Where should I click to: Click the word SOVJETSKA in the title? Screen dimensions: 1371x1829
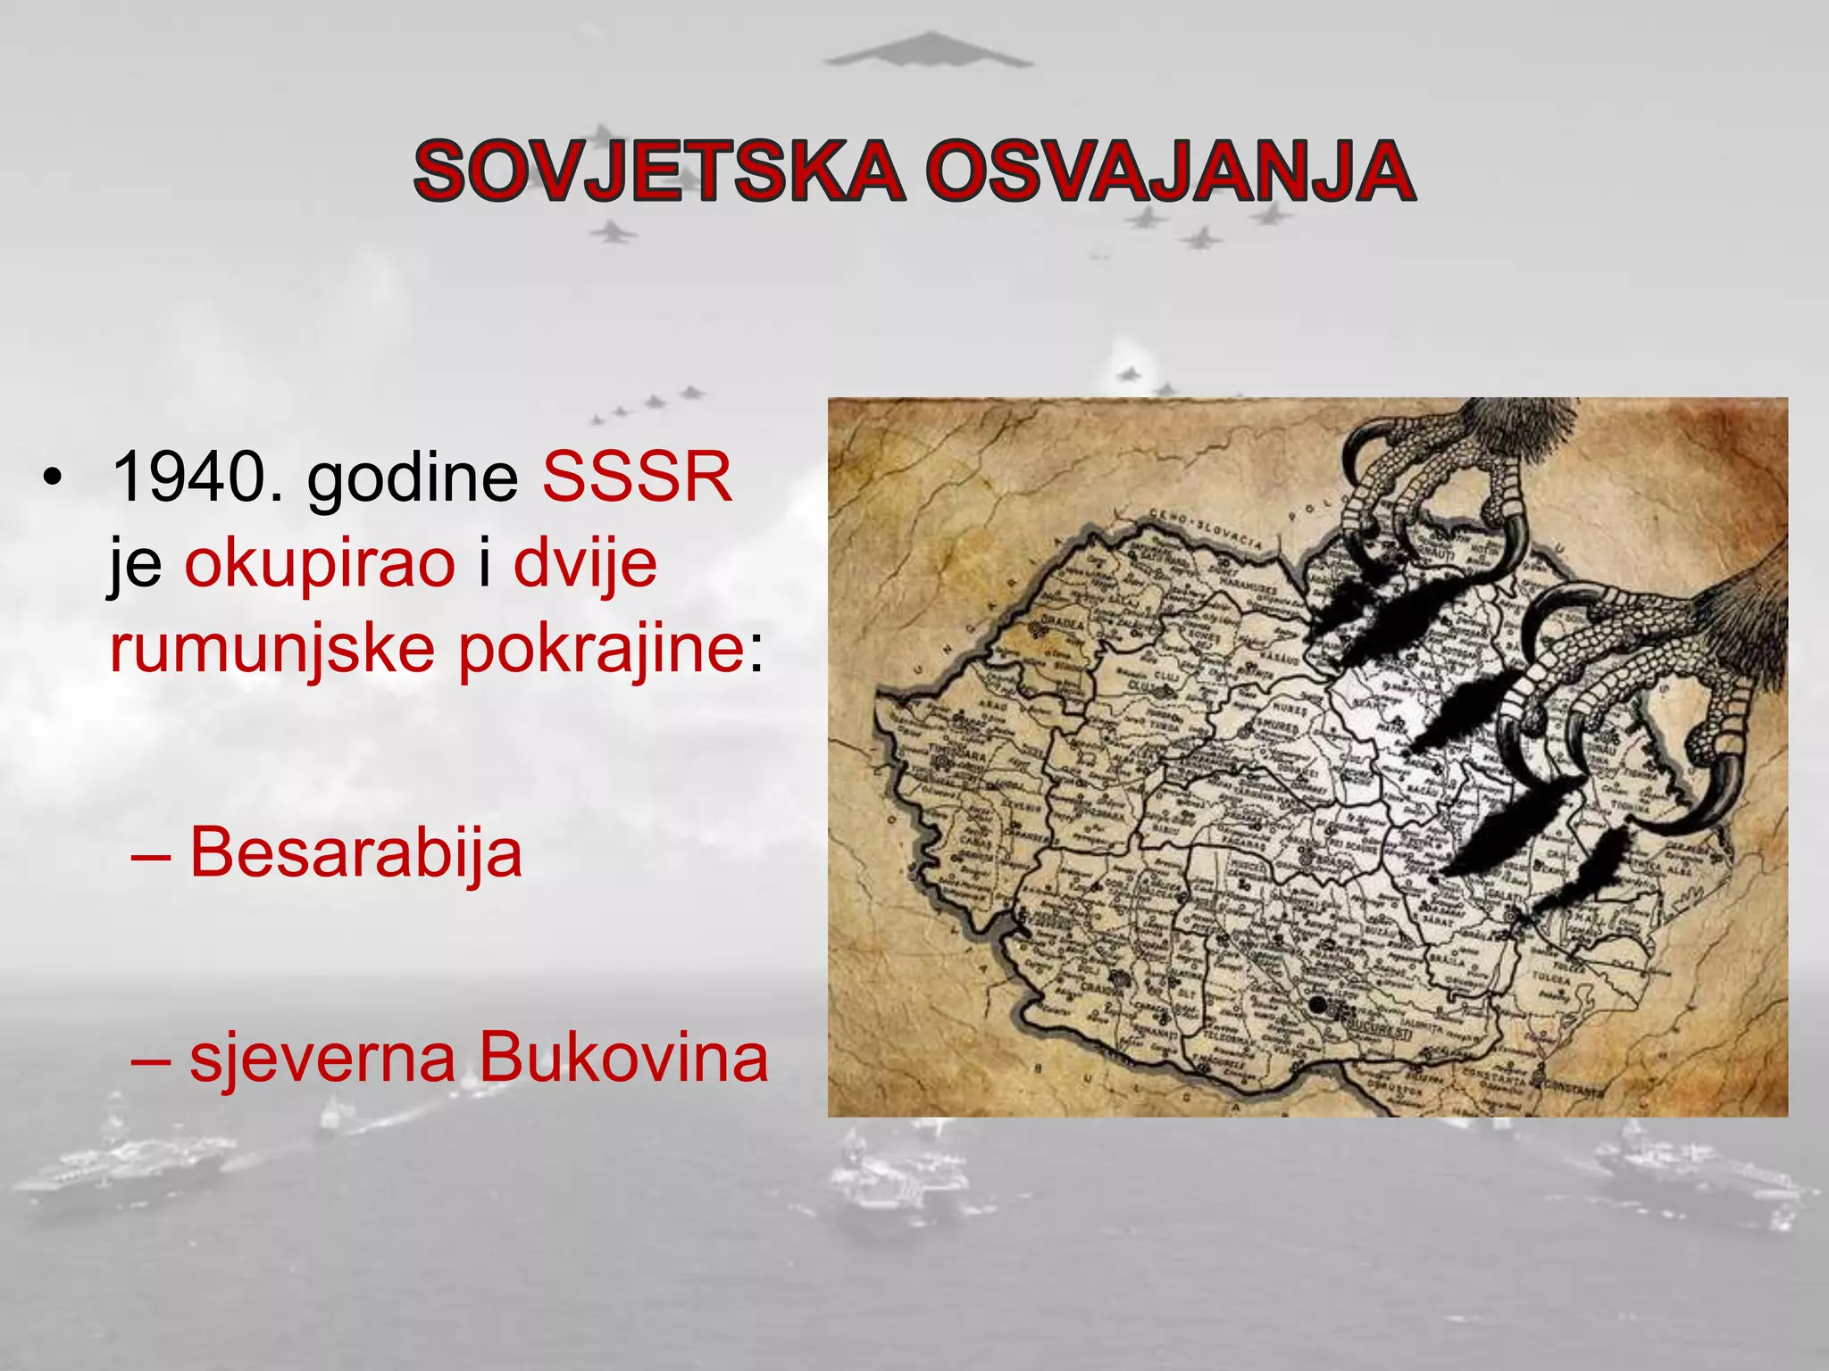pos(658,170)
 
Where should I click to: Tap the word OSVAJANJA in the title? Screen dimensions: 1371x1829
pos(1170,170)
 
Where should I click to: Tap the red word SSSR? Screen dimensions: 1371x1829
pos(637,478)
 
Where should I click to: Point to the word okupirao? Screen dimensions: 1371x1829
pos(320,563)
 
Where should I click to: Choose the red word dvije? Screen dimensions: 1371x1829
pos(585,563)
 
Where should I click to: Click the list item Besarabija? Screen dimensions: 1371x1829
pos(355,852)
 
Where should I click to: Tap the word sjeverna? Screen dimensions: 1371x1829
pos(322,1058)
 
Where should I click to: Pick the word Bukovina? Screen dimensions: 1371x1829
pos(623,1058)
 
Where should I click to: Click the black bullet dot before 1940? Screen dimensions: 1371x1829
pos(53,479)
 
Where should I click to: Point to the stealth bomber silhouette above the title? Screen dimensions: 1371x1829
pos(928,51)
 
